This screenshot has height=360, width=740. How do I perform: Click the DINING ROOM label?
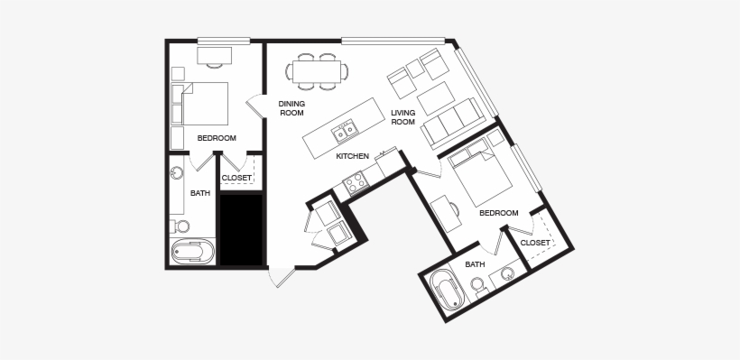click(x=291, y=108)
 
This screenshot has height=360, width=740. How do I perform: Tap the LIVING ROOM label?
click(x=402, y=117)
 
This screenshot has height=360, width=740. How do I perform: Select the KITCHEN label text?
click(x=352, y=156)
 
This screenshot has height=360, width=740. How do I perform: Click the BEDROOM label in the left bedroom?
click(x=217, y=138)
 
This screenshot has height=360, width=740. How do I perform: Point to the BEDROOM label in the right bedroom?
click(x=498, y=213)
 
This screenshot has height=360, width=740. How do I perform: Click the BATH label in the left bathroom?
click(x=199, y=193)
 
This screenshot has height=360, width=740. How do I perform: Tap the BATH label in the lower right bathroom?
click(x=475, y=264)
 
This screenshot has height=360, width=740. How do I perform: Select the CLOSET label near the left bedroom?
click(x=236, y=178)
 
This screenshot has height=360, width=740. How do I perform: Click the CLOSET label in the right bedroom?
click(x=535, y=243)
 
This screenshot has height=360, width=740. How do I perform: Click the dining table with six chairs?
click(x=317, y=70)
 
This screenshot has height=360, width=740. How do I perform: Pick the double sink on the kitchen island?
click(x=344, y=134)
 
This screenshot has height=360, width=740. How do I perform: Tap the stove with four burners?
click(x=355, y=183)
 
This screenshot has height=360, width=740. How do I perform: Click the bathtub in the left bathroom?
click(x=191, y=252)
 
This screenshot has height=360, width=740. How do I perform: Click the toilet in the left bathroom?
click(x=180, y=225)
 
